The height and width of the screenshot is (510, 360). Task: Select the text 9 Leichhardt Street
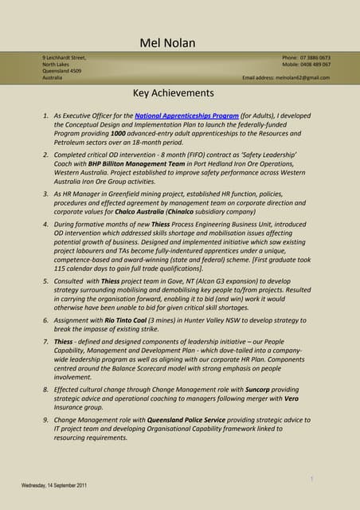(x=64, y=58)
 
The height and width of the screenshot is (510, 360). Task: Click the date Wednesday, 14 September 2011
(x=55, y=485)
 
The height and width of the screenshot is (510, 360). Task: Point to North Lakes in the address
(x=57, y=65)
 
